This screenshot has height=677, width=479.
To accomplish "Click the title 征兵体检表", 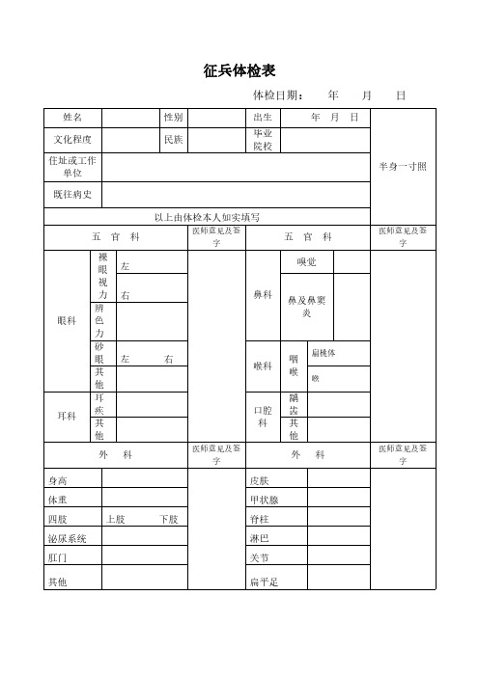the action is (239, 71).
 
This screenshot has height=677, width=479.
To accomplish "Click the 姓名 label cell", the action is (72, 117).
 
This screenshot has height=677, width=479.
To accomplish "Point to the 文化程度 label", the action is (72, 140).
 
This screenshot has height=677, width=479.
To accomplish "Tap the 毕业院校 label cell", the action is (263, 140).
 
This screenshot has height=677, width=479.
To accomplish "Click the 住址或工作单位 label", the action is (72, 166).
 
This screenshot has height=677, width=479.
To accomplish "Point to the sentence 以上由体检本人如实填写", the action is (208, 217).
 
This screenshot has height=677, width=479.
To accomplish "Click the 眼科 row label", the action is (66, 321).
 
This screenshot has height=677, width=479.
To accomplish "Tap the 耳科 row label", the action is (66, 417).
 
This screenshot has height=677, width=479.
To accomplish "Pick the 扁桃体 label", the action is (324, 353).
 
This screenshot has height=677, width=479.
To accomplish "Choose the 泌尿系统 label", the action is (67, 538).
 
